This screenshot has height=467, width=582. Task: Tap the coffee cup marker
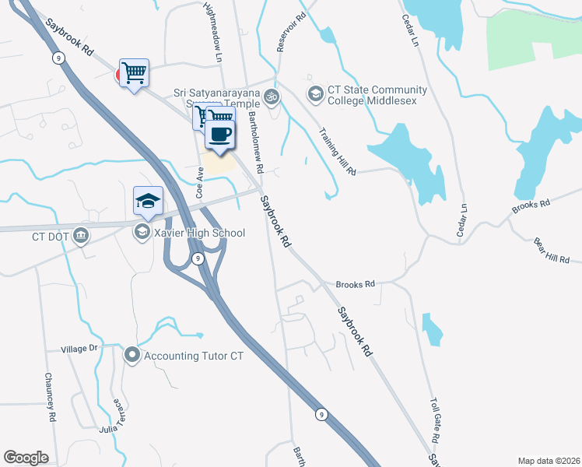219,134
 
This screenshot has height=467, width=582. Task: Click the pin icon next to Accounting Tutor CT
131,356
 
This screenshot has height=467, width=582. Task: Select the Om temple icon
272,97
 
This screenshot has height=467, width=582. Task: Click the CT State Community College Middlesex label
377,96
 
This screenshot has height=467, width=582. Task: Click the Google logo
26,458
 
